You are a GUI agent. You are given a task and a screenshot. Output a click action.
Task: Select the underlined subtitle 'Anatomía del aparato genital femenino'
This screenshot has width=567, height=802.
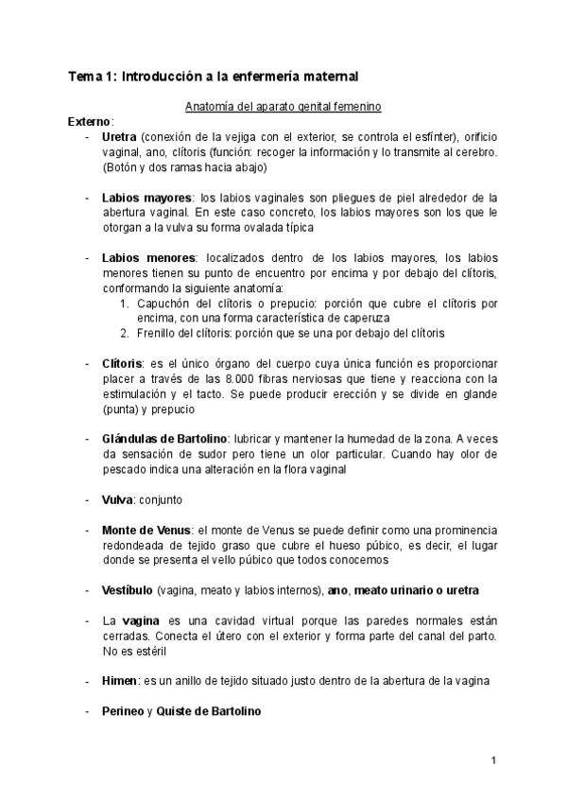(283, 106)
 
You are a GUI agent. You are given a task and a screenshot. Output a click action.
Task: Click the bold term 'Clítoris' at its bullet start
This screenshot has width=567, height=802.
(123, 363)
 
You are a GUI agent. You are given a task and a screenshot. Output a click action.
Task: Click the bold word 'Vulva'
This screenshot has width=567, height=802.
(118, 498)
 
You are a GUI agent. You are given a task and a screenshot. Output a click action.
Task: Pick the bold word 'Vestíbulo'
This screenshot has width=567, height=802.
(128, 589)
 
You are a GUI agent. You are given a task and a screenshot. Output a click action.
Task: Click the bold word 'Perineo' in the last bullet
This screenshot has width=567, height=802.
(123, 709)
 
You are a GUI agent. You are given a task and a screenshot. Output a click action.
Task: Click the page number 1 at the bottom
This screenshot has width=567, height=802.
(493, 760)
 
